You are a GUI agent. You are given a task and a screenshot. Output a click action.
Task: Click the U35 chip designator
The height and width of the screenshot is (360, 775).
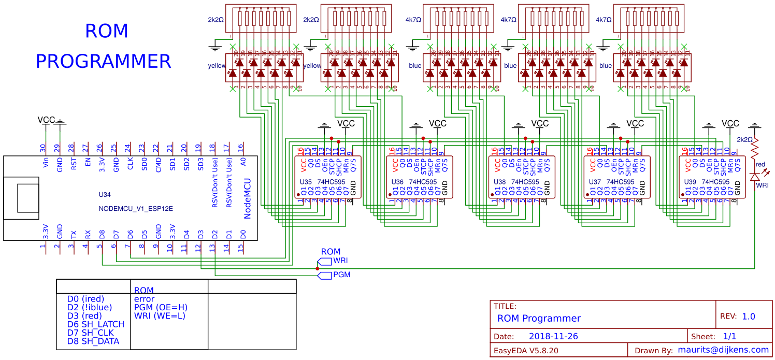click(306, 182)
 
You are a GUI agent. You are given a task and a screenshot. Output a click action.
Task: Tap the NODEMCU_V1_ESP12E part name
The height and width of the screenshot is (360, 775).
click(136, 209)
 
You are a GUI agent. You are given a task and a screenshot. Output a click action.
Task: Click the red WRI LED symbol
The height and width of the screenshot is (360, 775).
click(755, 177)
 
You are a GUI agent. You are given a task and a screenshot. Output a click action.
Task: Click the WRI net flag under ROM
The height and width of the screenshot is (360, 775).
click(332, 261)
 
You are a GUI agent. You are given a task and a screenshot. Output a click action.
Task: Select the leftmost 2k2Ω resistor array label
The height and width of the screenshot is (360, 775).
click(216, 20)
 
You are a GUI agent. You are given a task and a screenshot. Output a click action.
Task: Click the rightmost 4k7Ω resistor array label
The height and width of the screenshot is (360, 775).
click(604, 20)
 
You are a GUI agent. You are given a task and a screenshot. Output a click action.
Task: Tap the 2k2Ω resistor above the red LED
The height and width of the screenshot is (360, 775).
click(755, 149)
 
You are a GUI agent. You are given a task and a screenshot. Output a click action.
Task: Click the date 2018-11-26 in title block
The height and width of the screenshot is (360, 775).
click(553, 337)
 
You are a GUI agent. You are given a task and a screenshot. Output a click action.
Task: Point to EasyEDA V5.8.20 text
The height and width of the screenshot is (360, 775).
click(525, 351)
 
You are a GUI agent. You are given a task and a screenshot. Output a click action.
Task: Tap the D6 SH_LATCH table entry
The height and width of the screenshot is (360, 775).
click(96, 324)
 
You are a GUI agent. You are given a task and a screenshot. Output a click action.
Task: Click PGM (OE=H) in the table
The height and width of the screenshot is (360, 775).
click(160, 307)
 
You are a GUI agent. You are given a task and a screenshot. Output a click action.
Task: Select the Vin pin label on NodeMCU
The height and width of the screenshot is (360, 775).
click(46, 165)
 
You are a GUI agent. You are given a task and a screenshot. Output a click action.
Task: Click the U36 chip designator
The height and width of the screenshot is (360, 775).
click(397, 182)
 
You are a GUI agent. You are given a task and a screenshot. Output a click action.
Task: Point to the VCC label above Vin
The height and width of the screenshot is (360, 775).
click(46, 120)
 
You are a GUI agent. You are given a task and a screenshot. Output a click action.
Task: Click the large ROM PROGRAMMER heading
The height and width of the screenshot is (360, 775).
click(104, 47)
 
